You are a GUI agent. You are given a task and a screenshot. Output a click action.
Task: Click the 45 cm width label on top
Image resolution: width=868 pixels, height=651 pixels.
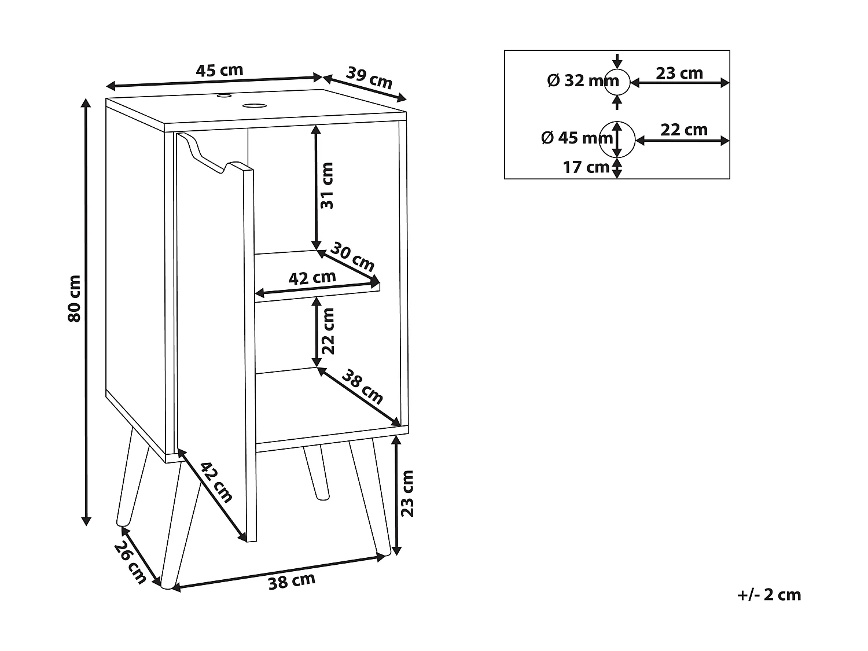pos(219,71)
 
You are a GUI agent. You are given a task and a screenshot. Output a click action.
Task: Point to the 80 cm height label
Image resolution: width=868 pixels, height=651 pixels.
pos(74,307)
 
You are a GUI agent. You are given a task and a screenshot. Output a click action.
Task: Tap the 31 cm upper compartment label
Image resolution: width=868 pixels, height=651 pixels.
pos(328,185)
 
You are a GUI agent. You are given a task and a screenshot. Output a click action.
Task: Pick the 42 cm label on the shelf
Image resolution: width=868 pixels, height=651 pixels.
pos(312,278)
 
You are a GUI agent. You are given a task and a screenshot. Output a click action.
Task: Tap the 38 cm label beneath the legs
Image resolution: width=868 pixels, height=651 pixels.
pos(292,580)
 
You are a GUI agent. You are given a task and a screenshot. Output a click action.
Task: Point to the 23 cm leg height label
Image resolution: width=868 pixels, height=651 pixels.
pos(408,493)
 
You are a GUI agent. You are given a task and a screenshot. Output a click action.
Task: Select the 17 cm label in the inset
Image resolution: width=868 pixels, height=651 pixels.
pos(586,167)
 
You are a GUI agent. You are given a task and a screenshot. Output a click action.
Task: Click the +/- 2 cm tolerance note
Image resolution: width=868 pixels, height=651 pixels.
pos(769,594)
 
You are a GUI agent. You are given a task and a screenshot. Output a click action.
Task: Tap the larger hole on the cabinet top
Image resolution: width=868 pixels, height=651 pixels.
pos(252,105)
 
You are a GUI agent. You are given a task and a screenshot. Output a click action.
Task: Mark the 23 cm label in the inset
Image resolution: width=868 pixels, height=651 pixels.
pos(679,73)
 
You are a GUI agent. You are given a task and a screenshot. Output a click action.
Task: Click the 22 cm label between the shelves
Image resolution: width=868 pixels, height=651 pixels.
pos(328,331)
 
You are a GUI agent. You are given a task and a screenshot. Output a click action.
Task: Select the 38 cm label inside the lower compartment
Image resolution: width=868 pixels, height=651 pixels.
pos(362,387)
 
